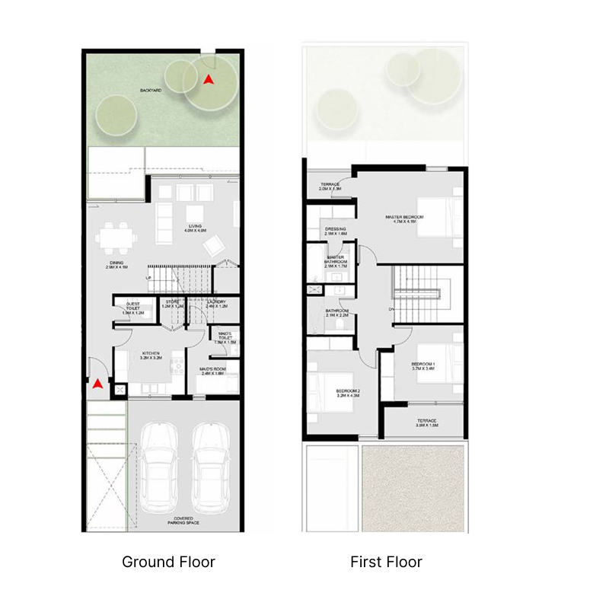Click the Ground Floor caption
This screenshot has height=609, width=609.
[x=168, y=563]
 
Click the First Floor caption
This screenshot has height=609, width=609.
[x=386, y=563]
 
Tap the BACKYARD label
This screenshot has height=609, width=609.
[x=150, y=91]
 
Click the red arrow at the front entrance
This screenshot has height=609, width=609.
[x=97, y=384]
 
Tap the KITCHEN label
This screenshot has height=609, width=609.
[x=150, y=353]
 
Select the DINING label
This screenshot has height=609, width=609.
[x=116, y=263]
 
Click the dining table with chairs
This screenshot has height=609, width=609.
[x=116, y=236]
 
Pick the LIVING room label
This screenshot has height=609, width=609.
[x=197, y=226]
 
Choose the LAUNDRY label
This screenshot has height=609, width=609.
[x=216, y=302]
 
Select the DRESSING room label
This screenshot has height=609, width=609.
[x=336, y=228]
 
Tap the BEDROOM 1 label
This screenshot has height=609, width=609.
[x=423, y=365]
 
